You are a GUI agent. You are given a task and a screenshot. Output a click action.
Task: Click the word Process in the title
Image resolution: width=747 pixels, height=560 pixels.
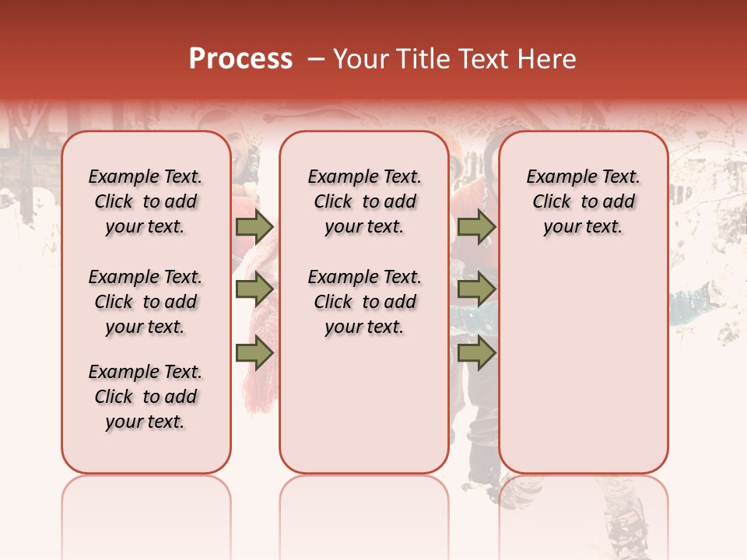click(x=240, y=58)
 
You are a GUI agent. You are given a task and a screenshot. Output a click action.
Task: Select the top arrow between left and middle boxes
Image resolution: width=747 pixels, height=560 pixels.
click(x=254, y=226)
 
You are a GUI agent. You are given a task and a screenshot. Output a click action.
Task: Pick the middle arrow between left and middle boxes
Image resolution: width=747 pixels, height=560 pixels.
click(x=254, y=290)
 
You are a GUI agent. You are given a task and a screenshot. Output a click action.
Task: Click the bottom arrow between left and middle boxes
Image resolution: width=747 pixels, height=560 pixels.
click(x=254, y=354)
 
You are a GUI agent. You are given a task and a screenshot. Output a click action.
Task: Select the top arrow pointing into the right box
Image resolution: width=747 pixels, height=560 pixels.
click(x=476, y=226)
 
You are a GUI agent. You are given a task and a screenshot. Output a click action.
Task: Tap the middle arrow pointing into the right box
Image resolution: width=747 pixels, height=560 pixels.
click(x=476, y=290)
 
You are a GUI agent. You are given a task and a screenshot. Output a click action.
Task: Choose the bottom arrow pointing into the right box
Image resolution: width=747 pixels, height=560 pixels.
click(x=476, y=354)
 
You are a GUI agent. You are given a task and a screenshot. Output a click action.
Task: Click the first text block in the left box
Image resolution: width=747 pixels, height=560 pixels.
click(x=146, y=201)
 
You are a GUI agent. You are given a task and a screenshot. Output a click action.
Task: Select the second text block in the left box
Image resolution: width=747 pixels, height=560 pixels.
click(x=146, y=302)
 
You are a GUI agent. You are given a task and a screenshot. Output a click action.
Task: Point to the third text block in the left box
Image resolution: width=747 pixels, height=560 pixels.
click(x=146, y=397)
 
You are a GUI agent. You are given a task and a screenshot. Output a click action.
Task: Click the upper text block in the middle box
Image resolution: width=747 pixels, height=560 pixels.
click(x=364, y=201)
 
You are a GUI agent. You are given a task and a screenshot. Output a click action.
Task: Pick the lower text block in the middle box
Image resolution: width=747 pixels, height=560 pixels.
click(x=364, y=302)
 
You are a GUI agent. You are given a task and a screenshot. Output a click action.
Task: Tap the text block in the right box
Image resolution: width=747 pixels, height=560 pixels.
click(x=583, y=201)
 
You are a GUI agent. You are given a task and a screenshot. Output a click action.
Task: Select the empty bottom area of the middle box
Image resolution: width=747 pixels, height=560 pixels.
click(x=364, y=404)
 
